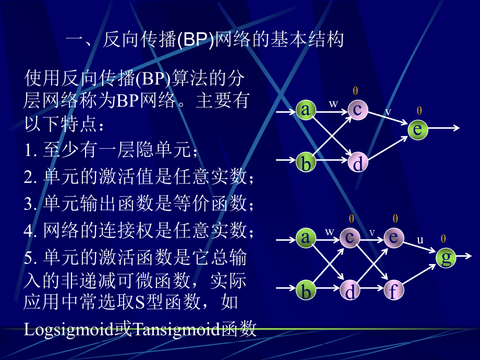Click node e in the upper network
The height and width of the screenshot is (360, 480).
click(417, 129)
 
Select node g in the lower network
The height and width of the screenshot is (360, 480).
click(446, 257)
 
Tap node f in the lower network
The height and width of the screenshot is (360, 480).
click(394, 291)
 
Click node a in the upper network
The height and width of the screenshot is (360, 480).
click(306, 110)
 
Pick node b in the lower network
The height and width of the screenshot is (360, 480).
click(306, 291)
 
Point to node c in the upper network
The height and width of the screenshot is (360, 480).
click(358, 110)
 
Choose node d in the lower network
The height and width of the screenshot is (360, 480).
click(350, 291)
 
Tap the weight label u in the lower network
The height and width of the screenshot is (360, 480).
click(420, 239)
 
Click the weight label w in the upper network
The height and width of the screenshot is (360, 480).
click(333, 103)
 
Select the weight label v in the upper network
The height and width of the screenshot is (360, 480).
click(388, 111)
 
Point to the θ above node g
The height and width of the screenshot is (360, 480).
click(443, 239)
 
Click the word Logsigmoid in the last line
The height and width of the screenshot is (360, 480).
click(69, 329)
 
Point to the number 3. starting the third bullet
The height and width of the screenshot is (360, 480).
click(30, 203)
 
